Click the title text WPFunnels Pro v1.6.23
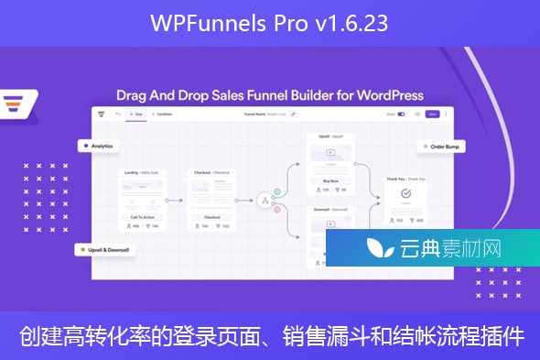[270, 23]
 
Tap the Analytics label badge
[99, 145]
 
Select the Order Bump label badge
[444, 146]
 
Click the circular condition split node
[265, 201]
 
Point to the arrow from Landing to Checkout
[178, 200]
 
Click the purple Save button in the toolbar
[433, 115]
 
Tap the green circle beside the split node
[276, 191]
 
